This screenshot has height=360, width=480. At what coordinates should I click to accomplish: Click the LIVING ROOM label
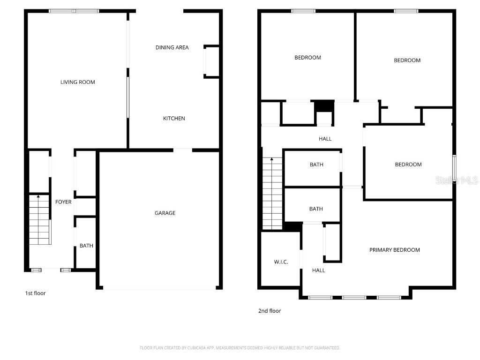point(78,82)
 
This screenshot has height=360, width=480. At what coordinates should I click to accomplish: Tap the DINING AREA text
point(172,47)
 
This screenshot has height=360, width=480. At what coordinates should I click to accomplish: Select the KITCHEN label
point(174,119)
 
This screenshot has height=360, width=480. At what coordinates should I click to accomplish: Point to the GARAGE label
point(165,213)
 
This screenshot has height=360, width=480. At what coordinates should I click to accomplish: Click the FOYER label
point(64,202)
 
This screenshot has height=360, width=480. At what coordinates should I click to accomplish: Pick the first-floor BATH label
point(86,246)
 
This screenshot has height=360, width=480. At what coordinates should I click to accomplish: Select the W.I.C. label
point(281,262)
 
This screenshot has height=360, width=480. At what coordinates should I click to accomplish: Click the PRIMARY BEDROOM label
point(394,250)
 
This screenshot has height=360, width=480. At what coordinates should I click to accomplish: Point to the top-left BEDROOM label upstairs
point(307,58)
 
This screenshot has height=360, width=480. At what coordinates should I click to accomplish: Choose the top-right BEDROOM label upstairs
point(407,60)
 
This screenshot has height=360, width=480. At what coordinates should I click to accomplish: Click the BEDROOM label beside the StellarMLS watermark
point(408,165)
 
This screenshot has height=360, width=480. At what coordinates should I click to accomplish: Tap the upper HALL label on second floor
point(325,139)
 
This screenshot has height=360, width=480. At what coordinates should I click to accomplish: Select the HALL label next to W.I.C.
point(319,270)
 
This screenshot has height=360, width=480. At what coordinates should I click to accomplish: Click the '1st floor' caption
point(35,293)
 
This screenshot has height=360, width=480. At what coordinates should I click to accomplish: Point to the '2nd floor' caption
point(270,311)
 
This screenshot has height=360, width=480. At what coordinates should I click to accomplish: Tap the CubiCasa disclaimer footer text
point(240,348)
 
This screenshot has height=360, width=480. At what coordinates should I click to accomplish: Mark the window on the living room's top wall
point(74,11)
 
